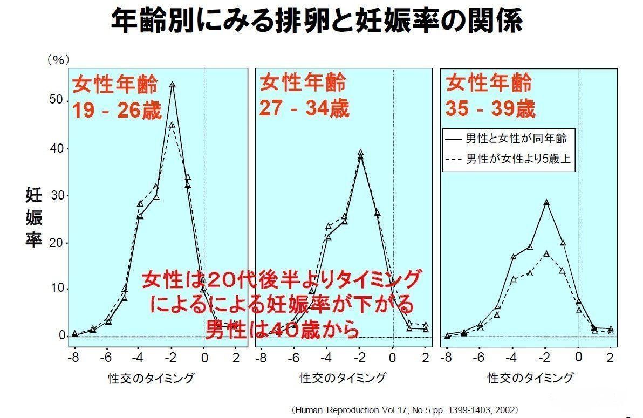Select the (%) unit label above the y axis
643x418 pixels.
click(x=58, y=59)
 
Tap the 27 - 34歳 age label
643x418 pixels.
click(x=304, y=108)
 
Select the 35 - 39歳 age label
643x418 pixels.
click(x=490, y=109)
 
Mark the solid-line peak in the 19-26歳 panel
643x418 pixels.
click(x=172, y=85)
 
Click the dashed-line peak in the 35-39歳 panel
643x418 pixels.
click(x=546, y=253)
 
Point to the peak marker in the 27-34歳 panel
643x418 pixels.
click(x=360, y=153)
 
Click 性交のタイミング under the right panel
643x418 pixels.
click(x=530, y=378)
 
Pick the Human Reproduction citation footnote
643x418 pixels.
click(x=406, y=410)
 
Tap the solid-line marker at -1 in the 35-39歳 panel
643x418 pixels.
click(x=563, y=243)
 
